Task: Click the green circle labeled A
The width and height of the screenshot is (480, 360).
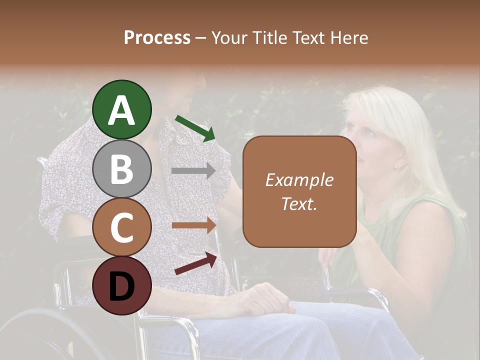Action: click(121, 109)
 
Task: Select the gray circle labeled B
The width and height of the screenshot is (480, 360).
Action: click(121, 168)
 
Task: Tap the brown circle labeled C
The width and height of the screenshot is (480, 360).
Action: click(121, 227)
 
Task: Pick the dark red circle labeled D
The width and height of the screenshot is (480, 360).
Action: click(121, 285)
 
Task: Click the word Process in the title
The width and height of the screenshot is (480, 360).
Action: click(157, 38)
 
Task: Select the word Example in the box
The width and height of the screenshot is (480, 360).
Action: click(299, 180)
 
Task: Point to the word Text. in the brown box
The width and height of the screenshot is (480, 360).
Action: click(299, 203)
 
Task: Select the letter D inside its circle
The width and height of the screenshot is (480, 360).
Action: click(121, 286)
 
